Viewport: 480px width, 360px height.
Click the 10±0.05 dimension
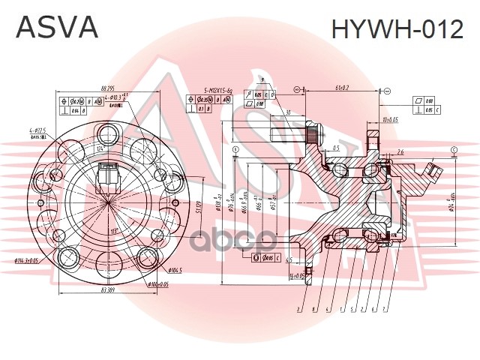[x=389, y=119]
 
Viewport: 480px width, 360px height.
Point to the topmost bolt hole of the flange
[x=109, y=135]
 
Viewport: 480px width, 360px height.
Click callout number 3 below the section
[x=298, y=309]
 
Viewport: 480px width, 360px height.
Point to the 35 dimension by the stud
[x=287, y=114]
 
